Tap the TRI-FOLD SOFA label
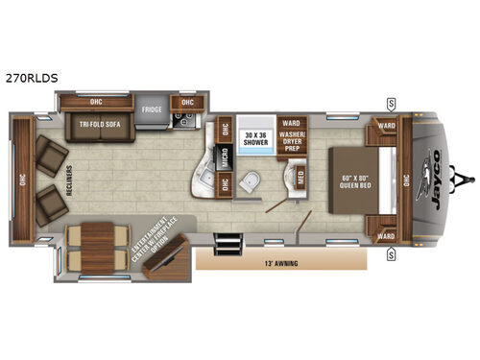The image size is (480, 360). click(x=100, y=123)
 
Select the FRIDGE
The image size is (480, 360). click(x=152, y=110)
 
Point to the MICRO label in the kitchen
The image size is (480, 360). click(x=222, y=158)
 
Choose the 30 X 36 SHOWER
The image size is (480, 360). click(x=254, y=137)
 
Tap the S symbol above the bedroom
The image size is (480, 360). click(x=392, y=104)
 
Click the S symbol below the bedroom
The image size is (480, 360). click(x=392, y=254)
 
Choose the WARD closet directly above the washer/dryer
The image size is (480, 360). click(x=293, y=122)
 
